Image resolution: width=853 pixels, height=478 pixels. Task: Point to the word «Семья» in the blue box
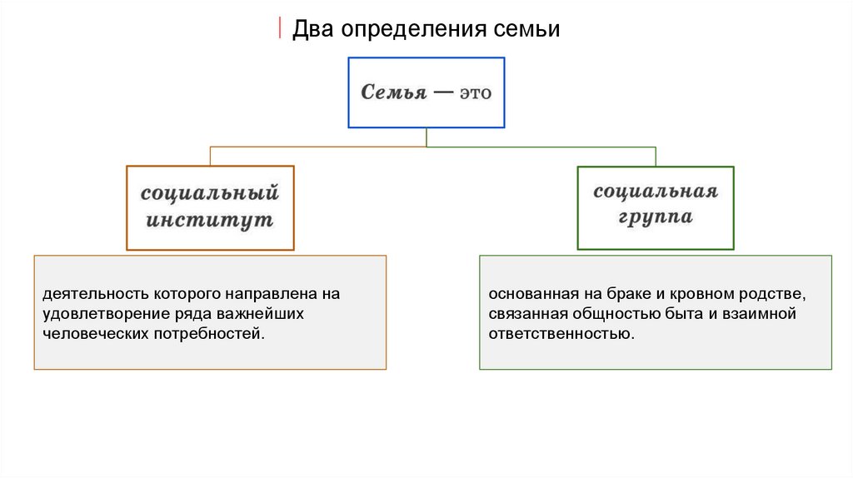(392, 92)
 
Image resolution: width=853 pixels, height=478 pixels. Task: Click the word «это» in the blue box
(474, 92)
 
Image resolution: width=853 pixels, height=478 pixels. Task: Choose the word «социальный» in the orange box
(210, 195)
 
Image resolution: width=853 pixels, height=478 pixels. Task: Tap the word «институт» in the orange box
(210, 222)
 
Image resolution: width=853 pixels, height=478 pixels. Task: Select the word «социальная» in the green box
(656, 192)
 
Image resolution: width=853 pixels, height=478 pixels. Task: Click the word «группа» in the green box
(656, 218)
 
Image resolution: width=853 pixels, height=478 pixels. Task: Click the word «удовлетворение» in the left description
(99, 315)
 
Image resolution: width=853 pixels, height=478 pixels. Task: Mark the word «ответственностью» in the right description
(561, 335)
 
